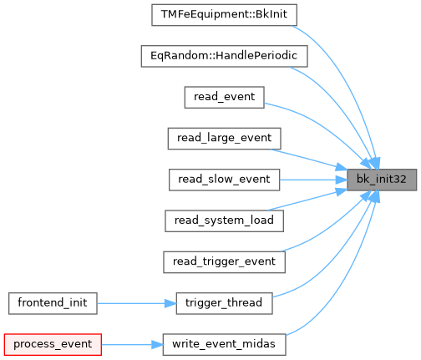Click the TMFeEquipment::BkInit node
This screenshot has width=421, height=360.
coord(224,15)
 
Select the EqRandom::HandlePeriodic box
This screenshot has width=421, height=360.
coord(224,56)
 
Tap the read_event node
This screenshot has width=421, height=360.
coord(224,98)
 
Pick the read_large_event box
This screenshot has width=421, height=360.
coord(224,139)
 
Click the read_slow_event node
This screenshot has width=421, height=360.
coord(224,180)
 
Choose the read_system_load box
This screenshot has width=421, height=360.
coord(224,221)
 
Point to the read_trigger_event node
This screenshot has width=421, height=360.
coord(224,262)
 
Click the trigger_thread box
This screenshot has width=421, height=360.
coord(224,303)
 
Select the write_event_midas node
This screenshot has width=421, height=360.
coord(224,345)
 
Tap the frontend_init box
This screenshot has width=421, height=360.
coord(53,303)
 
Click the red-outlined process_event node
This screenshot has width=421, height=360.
coord(53,345)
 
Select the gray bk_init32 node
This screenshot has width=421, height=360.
coord(382,180)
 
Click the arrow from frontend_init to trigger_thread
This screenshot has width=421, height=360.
coord(137,303)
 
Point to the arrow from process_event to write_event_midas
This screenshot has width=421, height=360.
coord(132,345)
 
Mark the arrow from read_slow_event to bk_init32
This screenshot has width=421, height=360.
coord(313,180)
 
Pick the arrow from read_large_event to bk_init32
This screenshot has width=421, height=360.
coord(308,160)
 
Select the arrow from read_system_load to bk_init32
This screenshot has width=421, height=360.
coord(307,200)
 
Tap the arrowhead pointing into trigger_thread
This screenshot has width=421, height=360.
coord(170,303)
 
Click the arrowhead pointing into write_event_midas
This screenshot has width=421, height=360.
coord(157,345)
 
